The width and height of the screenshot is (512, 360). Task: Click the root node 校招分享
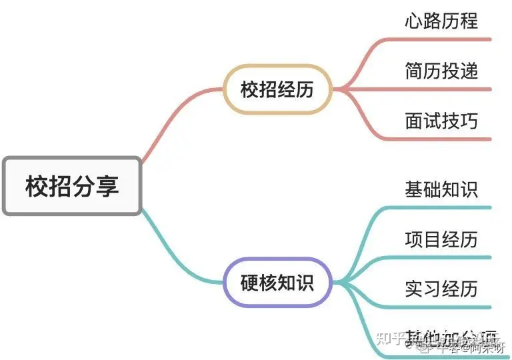[72, 186]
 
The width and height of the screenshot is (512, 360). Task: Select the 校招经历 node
[277, 89]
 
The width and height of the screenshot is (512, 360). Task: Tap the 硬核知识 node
[277, 283]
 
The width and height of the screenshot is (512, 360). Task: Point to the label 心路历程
[441, 21]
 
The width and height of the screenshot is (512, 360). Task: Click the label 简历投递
[441, 70]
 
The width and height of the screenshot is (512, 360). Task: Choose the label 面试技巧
[441, 120]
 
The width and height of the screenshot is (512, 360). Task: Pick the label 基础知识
[441, 189]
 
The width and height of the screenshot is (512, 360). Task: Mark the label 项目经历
[441, 239]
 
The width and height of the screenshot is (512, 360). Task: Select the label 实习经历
[441, 289]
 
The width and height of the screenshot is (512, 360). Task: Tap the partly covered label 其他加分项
[441, 335]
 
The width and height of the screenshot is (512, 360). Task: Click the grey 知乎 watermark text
[387, 337]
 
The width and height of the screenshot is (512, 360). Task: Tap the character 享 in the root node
[108, 186]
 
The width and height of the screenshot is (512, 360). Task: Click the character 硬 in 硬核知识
[249, 283]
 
